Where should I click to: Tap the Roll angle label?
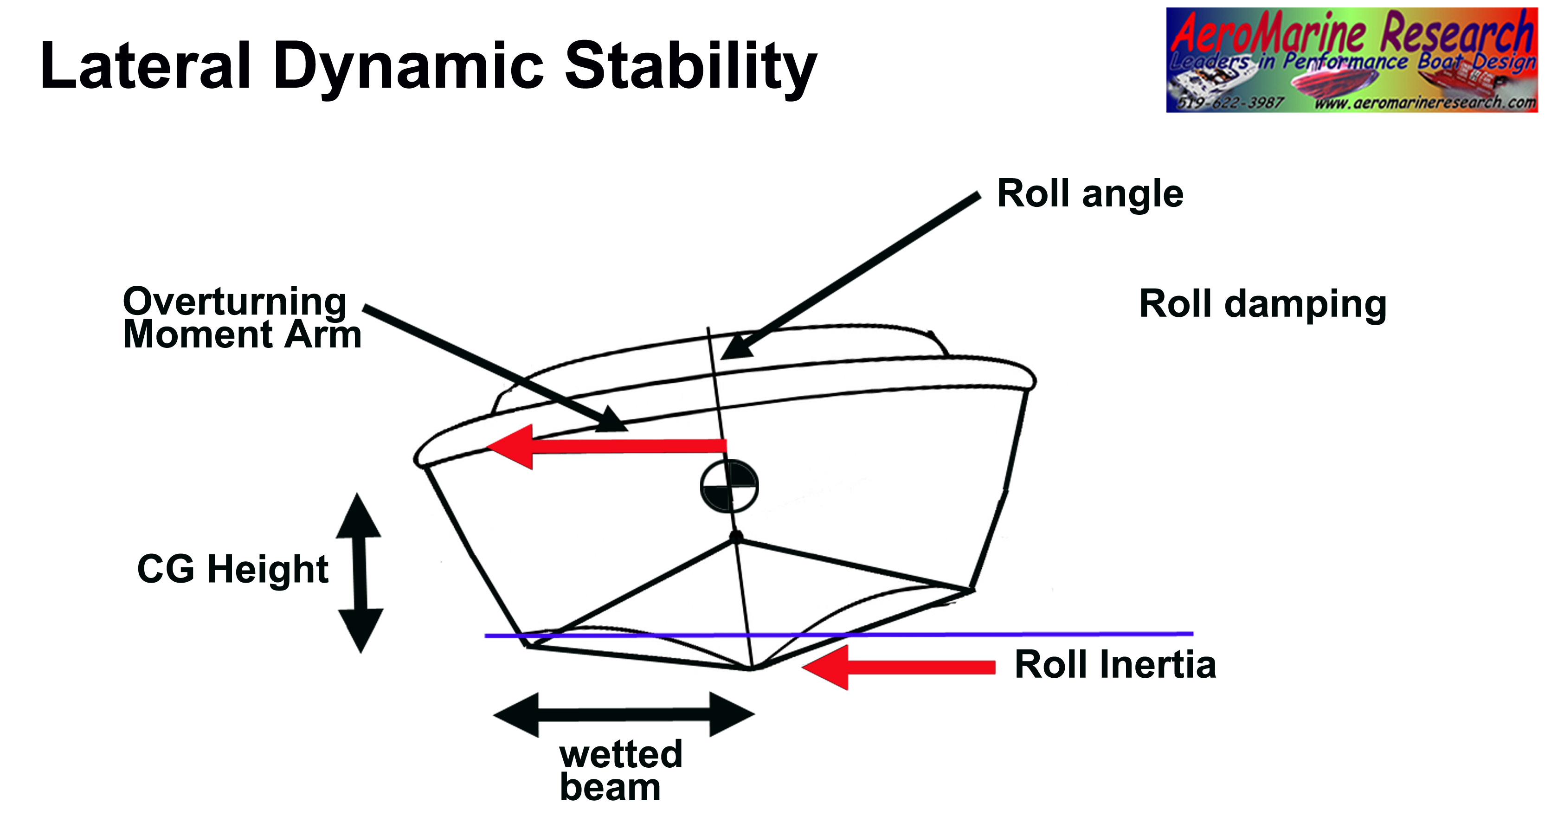[1090, 194]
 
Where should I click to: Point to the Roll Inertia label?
[1115, 665]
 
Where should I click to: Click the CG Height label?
[232, 569]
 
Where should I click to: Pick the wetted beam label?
[620, 771]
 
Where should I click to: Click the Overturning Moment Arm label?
[241, 318]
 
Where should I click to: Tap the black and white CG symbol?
[729, 486]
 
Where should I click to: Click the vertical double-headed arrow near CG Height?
[360, 572]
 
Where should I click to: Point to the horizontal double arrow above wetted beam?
[623, 714]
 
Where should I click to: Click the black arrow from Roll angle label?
[849, 277]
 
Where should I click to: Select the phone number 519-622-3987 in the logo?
[1230, 103]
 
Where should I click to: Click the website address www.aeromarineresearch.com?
[1424, 103]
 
